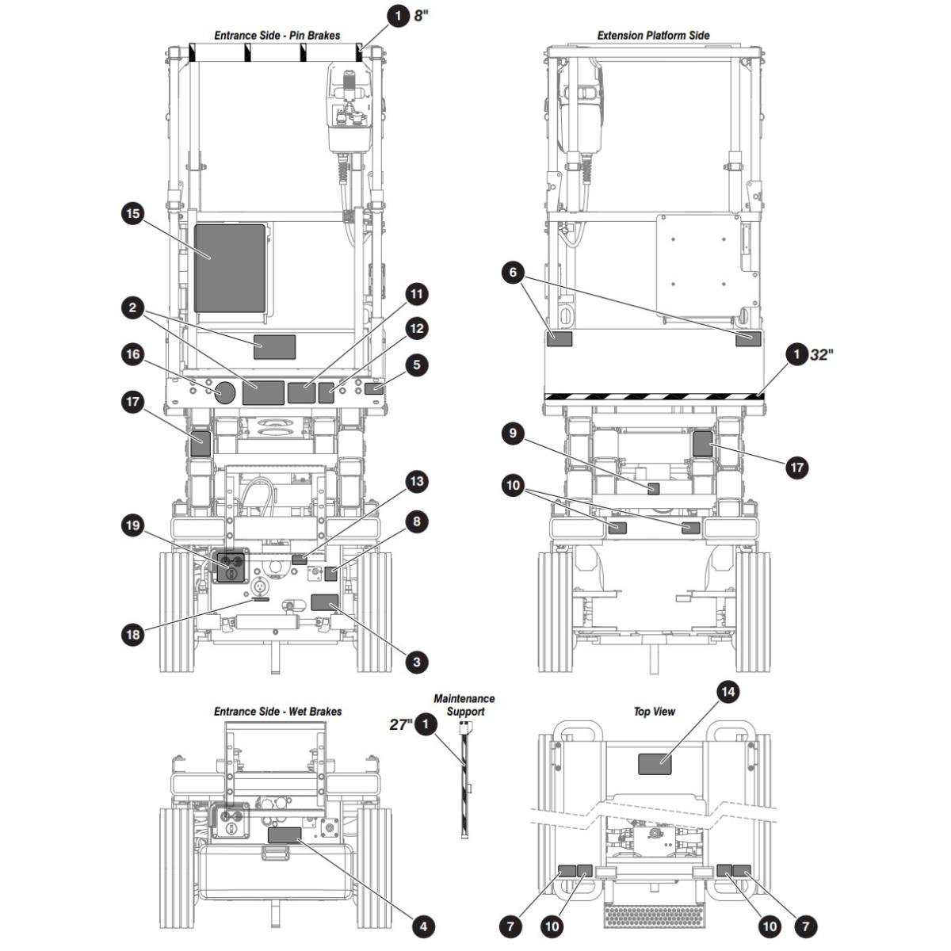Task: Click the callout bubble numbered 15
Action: [133, 214]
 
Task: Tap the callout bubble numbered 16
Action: [133, 354]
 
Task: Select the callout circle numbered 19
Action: [133, 525]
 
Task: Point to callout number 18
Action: [133, 634]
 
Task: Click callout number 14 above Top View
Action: [728, 693]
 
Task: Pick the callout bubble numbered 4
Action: [423, 926]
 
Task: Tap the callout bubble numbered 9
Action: [514, 433]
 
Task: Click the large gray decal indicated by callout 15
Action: [230, 269]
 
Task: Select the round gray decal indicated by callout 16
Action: [224, 392]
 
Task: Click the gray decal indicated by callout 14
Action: [655, 764]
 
